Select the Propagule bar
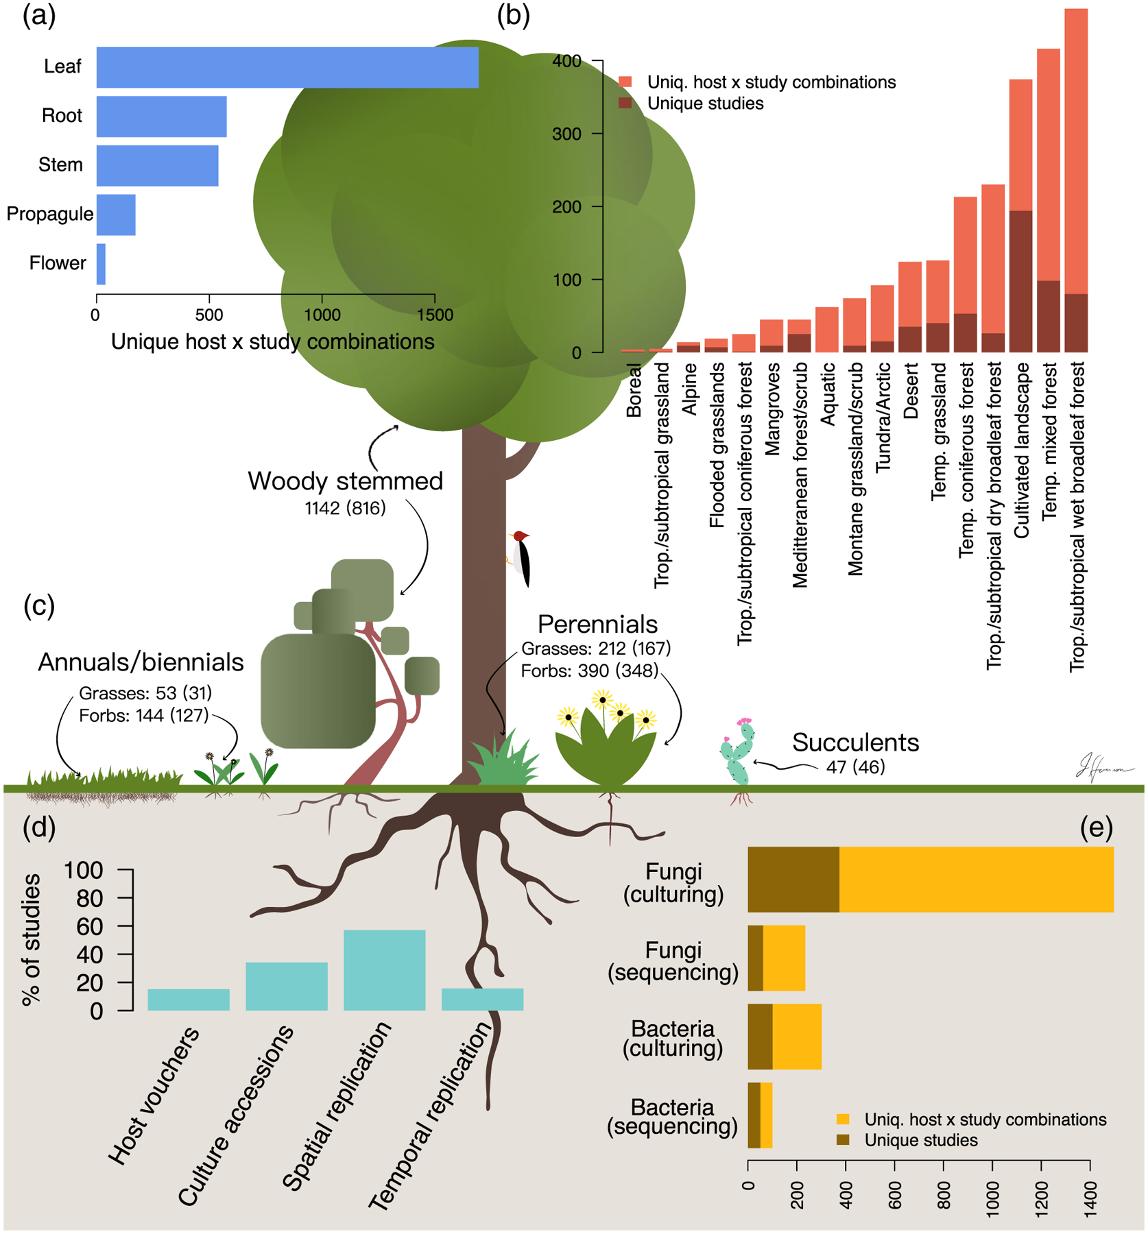(x=116, y=215)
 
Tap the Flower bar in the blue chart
(x=101, y=264)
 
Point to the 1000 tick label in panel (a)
(x=322, y=315)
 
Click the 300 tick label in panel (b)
(x=566, y=134)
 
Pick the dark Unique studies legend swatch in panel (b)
(x=625, y=104)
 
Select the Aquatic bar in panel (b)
(x=827, y=330)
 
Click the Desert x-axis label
(x=911, y=391)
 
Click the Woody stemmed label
(x=345, y=481)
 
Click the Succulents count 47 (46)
(x=855, y=767)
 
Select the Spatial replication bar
(x=384, y=970)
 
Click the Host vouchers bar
(x=189, y=1000)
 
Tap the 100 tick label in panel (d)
(x=83, y=871)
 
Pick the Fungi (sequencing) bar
(x=776, y=958)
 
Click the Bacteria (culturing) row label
(x=673, y=1039)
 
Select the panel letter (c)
(x=39, y=606)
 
